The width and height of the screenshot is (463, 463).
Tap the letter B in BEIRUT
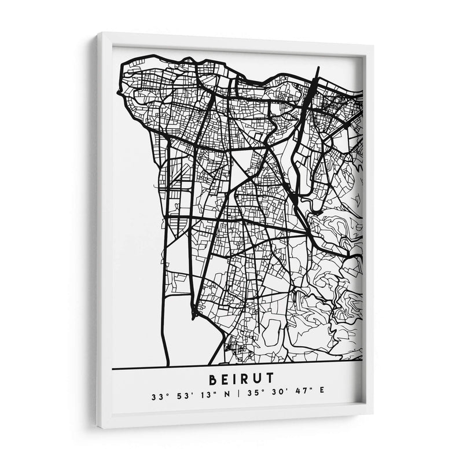point(209,379)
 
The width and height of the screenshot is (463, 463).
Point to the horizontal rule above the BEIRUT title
point(237,368)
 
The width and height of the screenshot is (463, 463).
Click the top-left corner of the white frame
point(98,34)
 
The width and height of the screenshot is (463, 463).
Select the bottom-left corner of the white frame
point(98,428)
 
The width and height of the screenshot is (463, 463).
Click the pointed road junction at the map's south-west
point(194,315)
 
